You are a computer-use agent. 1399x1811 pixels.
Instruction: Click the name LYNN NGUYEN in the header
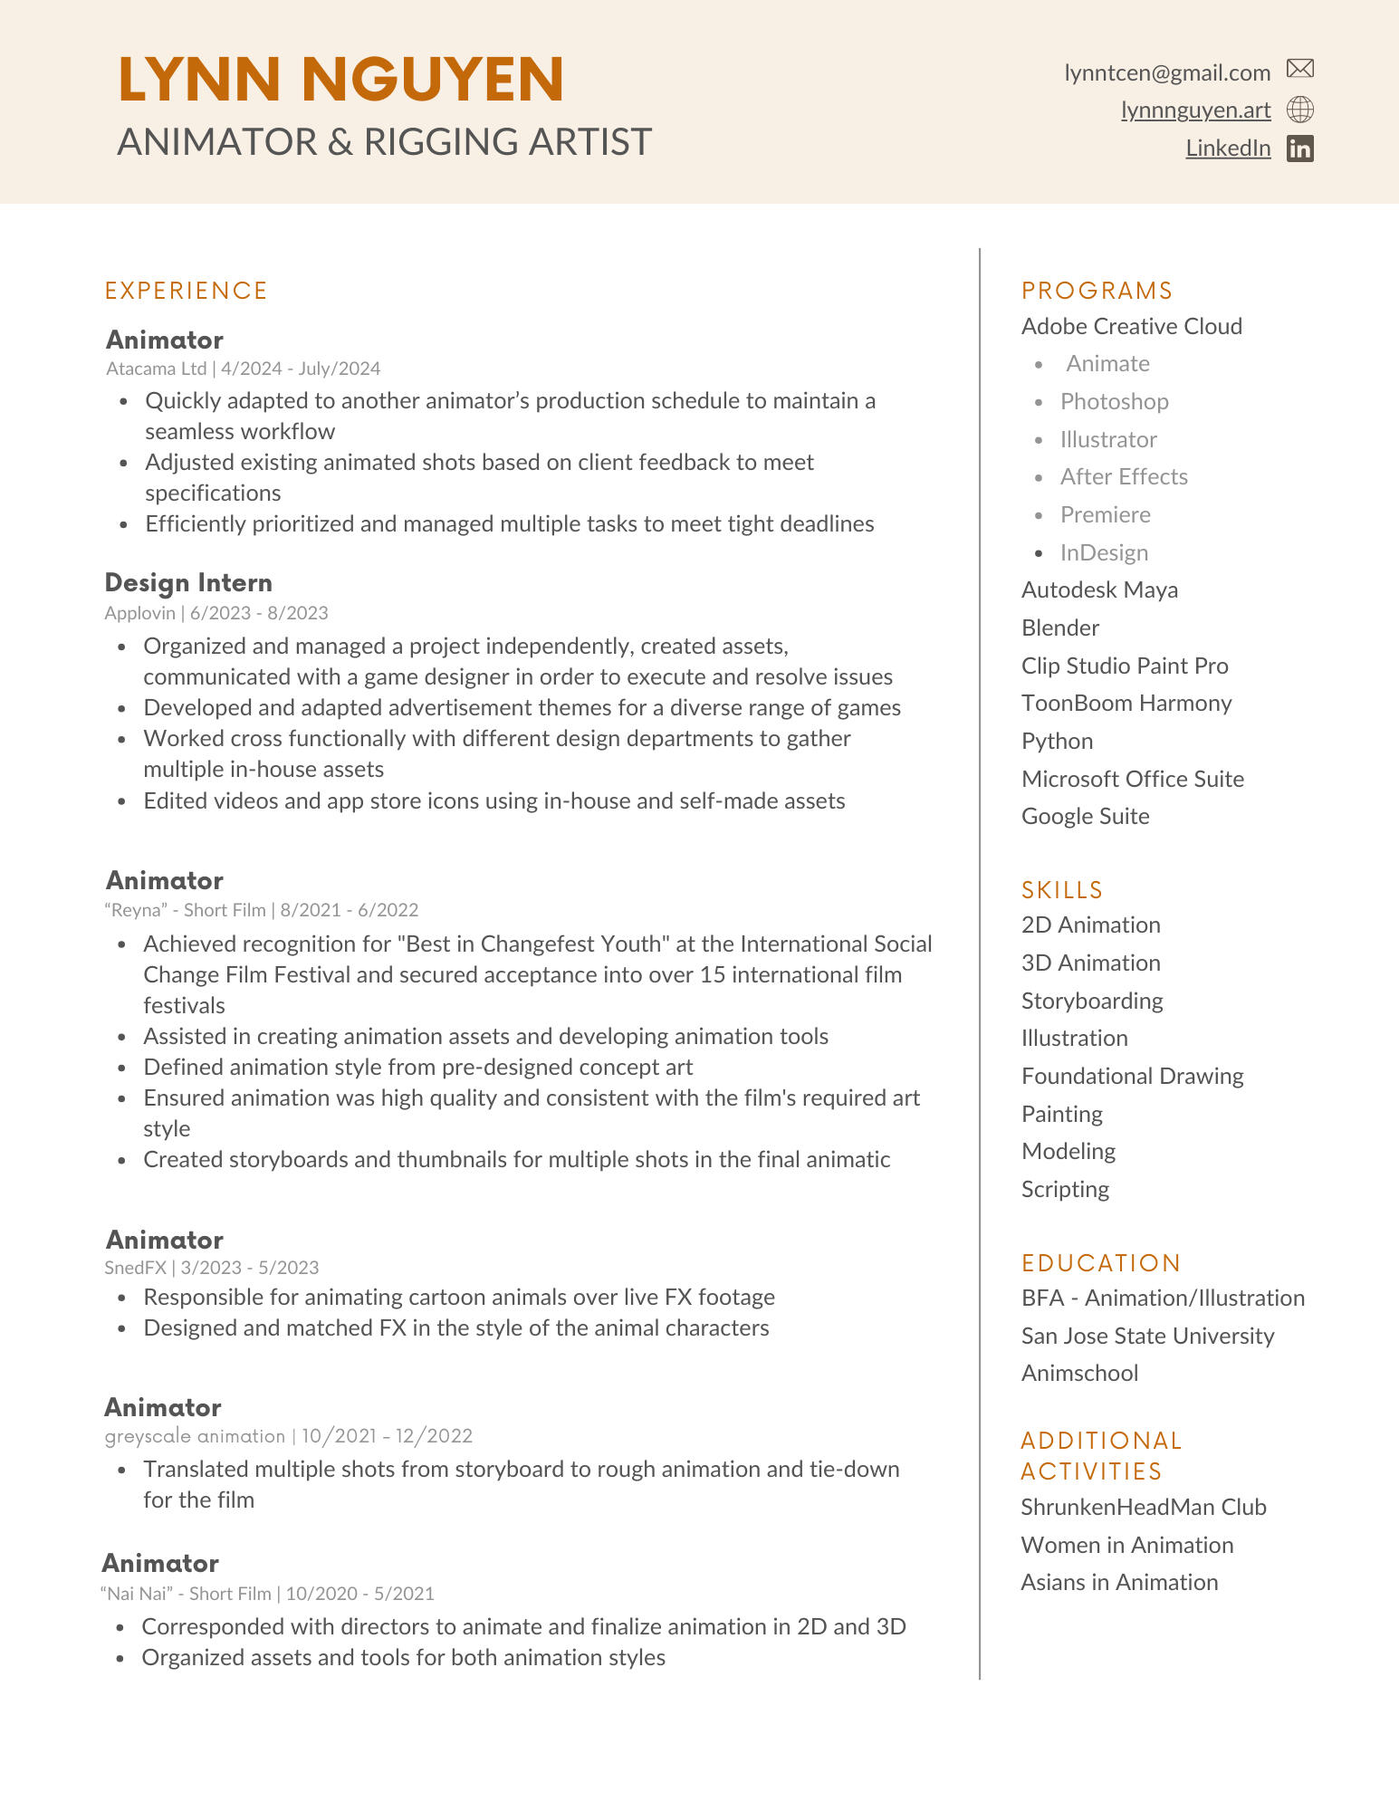pos(340,80)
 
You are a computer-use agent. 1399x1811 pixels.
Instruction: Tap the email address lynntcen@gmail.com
pos(1167,72)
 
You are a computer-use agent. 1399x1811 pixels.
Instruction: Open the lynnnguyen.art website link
pos(1195,110)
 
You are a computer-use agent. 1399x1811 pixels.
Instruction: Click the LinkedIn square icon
pos(1300,149)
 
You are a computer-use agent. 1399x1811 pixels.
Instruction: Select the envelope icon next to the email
pos(1300,69)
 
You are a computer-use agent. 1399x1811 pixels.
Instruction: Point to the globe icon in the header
pos(1300,110)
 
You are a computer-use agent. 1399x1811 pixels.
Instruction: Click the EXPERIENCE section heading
pos(187,291)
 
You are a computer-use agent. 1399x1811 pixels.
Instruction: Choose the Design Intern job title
pos(188,582)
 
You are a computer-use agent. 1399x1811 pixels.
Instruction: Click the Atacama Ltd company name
pos(156,369)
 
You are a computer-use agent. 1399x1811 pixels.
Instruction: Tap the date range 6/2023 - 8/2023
pos(259,613)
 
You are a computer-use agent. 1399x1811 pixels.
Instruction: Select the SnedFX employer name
pos(135,1268)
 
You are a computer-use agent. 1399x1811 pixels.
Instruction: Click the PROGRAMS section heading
pos(1097,291)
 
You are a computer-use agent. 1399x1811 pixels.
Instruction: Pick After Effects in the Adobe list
pos(1124,477)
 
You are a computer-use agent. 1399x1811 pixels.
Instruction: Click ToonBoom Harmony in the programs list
pos(1126,704)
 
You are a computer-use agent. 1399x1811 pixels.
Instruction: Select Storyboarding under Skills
pos(1092,1001)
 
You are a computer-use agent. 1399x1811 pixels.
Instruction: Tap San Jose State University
pos(1147,1336)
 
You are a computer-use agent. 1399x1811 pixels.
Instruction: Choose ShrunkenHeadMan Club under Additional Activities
pos(1144,1507)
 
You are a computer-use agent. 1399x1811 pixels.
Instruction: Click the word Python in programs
pos(1057,742)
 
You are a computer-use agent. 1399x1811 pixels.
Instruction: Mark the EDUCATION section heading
pos(1101,1263)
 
